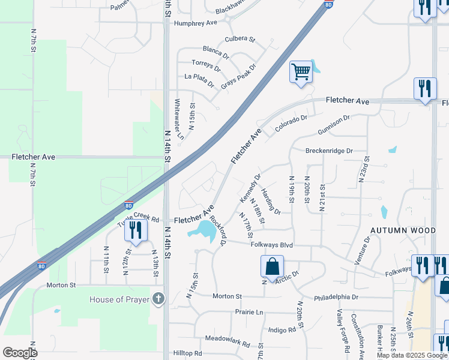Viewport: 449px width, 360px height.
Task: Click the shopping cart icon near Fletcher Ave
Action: (301, 72)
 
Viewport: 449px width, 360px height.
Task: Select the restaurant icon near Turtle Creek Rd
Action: (136, 230)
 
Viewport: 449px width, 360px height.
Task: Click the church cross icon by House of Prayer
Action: (158, 299)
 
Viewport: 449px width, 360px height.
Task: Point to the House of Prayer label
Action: (118, 299)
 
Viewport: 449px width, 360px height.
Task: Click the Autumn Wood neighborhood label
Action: (402, 230)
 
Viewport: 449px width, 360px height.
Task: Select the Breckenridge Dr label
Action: (329, 151)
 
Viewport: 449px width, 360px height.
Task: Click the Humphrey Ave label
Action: (195, 23)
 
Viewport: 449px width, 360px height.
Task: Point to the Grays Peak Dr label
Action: (238, 76)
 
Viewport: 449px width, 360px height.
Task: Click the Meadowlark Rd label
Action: (227, 341)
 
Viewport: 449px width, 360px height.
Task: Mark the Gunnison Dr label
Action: (330, 126)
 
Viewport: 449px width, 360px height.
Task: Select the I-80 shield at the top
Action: (328, 5)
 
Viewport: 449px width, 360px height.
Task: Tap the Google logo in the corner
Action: (20, 353)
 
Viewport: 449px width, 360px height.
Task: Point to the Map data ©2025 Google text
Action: (412, 355)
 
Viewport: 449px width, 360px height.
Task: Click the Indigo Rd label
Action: (282, 329)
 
